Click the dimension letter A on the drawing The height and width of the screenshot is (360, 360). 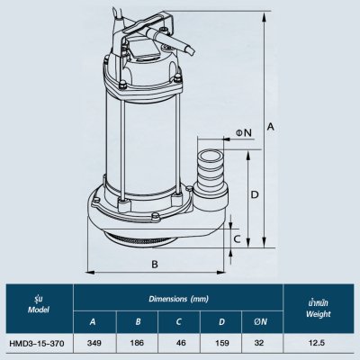[271, 128]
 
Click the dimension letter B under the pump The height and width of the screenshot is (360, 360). [154, 264]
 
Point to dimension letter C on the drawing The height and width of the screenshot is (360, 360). [237, 239]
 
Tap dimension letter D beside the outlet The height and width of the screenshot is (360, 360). [255, 193]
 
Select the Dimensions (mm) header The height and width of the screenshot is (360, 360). [177, 298]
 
